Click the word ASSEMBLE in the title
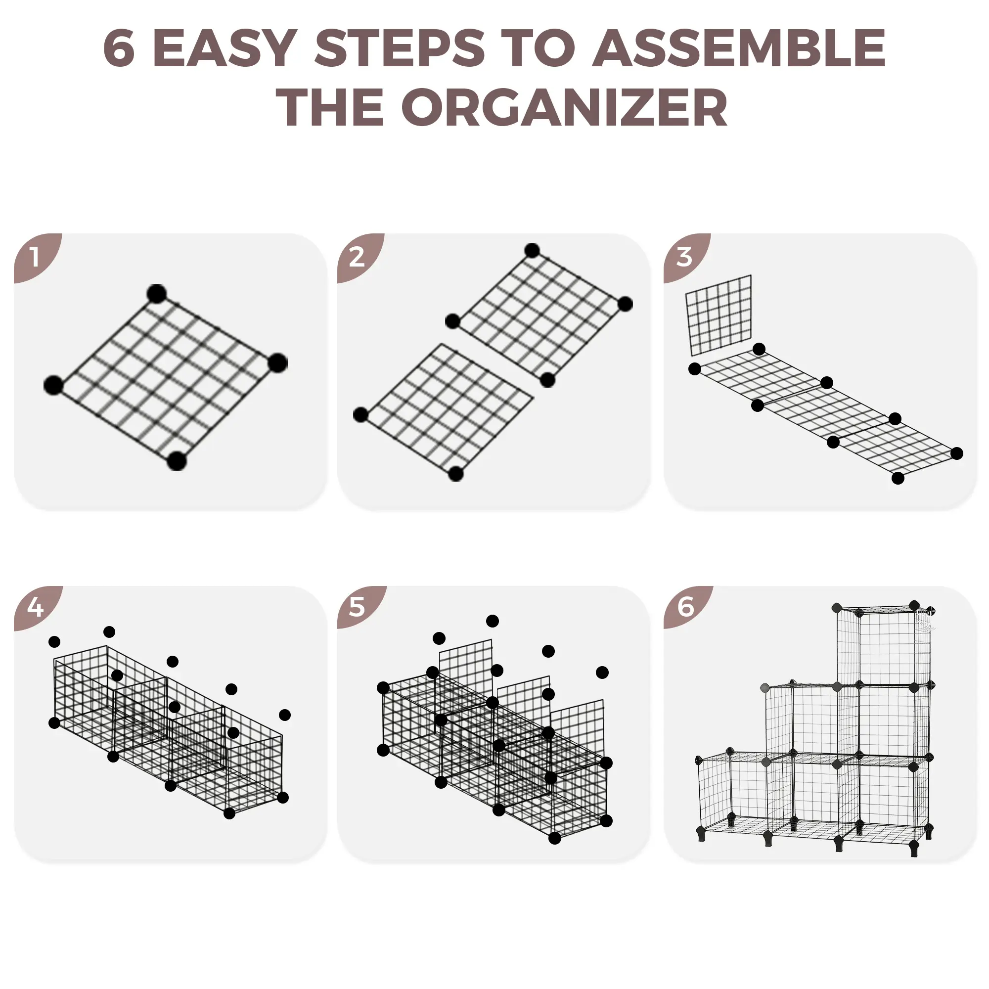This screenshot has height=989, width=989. (740, 48)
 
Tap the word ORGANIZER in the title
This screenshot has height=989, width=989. (565, 107)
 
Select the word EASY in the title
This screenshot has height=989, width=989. (225, 48)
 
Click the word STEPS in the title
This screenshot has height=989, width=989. (400, 48)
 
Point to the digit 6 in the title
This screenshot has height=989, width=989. (119, 48)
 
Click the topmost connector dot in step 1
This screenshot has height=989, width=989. (157, 294)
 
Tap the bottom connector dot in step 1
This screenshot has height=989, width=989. (177, 461)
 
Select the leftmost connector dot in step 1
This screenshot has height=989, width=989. (53, 385)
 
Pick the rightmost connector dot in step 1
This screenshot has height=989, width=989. (277, 363)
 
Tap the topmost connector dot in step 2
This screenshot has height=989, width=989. (533, 250)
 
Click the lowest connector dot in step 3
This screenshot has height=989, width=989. (898, 478)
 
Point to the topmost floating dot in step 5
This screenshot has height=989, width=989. (493, 621)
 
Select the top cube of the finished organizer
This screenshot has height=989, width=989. (883, 646)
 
